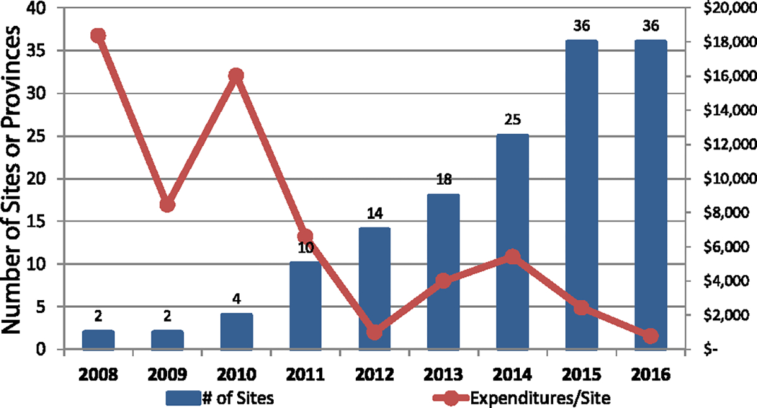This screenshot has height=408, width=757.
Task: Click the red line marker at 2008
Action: [x=98, y=35]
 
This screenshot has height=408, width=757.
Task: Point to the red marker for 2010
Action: [x=237, y=76]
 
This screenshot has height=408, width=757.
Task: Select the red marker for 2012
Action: [x=375, y=332]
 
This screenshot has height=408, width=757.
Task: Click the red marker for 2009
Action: [x=167, y=205]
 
